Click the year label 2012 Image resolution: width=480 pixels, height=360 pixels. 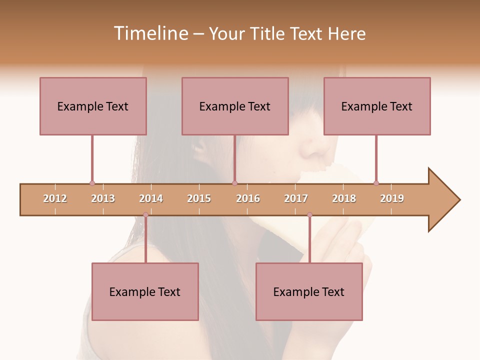click(55, 198)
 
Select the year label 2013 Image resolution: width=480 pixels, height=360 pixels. click(103, 198)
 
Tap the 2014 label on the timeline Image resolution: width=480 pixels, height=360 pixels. click(151, 198)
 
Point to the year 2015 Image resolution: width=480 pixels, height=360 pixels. click(199, 198)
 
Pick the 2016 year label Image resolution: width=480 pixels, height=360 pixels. click(248, 198)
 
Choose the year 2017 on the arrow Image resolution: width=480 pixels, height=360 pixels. click(296, 198)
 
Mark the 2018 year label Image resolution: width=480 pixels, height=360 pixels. click(344, 198)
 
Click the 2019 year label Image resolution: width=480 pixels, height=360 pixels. click(392, 198)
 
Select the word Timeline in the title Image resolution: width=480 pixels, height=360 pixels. click(150, 33)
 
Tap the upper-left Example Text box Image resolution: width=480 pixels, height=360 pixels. click(93, 106)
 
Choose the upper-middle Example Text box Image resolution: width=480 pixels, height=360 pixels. click(235, 106)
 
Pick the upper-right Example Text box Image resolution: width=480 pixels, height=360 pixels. click(377, 106)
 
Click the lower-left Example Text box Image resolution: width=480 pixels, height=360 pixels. click(145, 291)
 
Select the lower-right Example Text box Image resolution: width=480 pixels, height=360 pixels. click(309, 291)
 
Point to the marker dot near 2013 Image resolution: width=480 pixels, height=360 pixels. click(92, 183)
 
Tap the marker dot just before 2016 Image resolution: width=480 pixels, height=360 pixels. click(235, 183)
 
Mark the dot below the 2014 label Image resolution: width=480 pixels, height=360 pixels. click(145, 215)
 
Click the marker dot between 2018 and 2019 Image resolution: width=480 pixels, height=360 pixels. click(376, 183)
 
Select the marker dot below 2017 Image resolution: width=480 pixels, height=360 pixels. click(309, 215)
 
